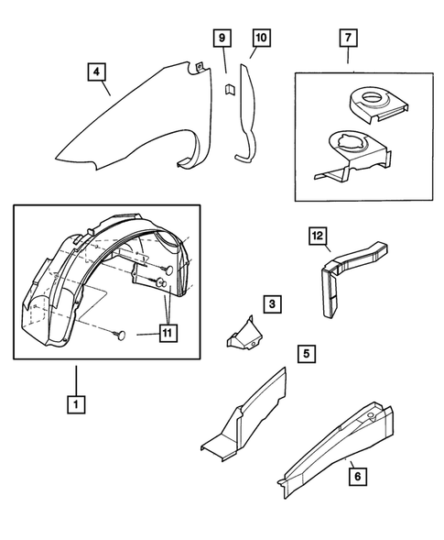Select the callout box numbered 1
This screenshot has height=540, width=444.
pos(77,402)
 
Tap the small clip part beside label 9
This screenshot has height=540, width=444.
pos(231,90)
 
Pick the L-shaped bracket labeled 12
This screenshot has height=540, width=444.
pos(340,275)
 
